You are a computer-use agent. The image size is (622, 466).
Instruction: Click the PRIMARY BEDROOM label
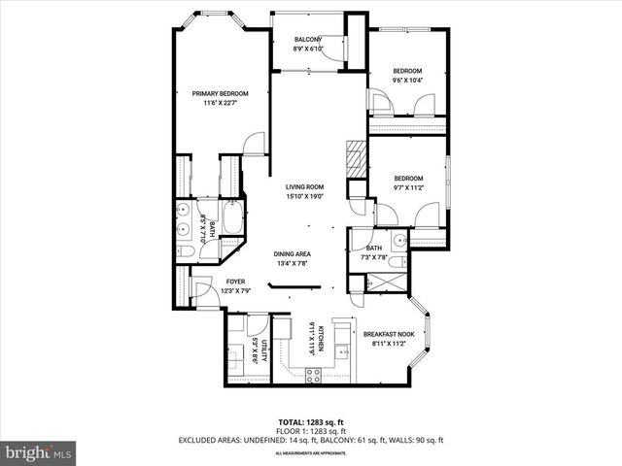click(x=220, y=93)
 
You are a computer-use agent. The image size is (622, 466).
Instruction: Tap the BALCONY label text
click(x=310, y=40)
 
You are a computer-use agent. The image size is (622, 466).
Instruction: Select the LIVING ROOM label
click(x=304, y=186)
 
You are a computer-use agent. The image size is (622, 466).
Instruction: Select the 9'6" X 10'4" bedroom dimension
click(x=407, y=80)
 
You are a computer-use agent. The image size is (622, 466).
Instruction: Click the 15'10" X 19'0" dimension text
click(x=304, y=196)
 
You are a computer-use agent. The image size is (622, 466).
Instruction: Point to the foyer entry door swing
click(x=202, y=288)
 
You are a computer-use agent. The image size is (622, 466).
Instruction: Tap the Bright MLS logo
click(x=38, y=452)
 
